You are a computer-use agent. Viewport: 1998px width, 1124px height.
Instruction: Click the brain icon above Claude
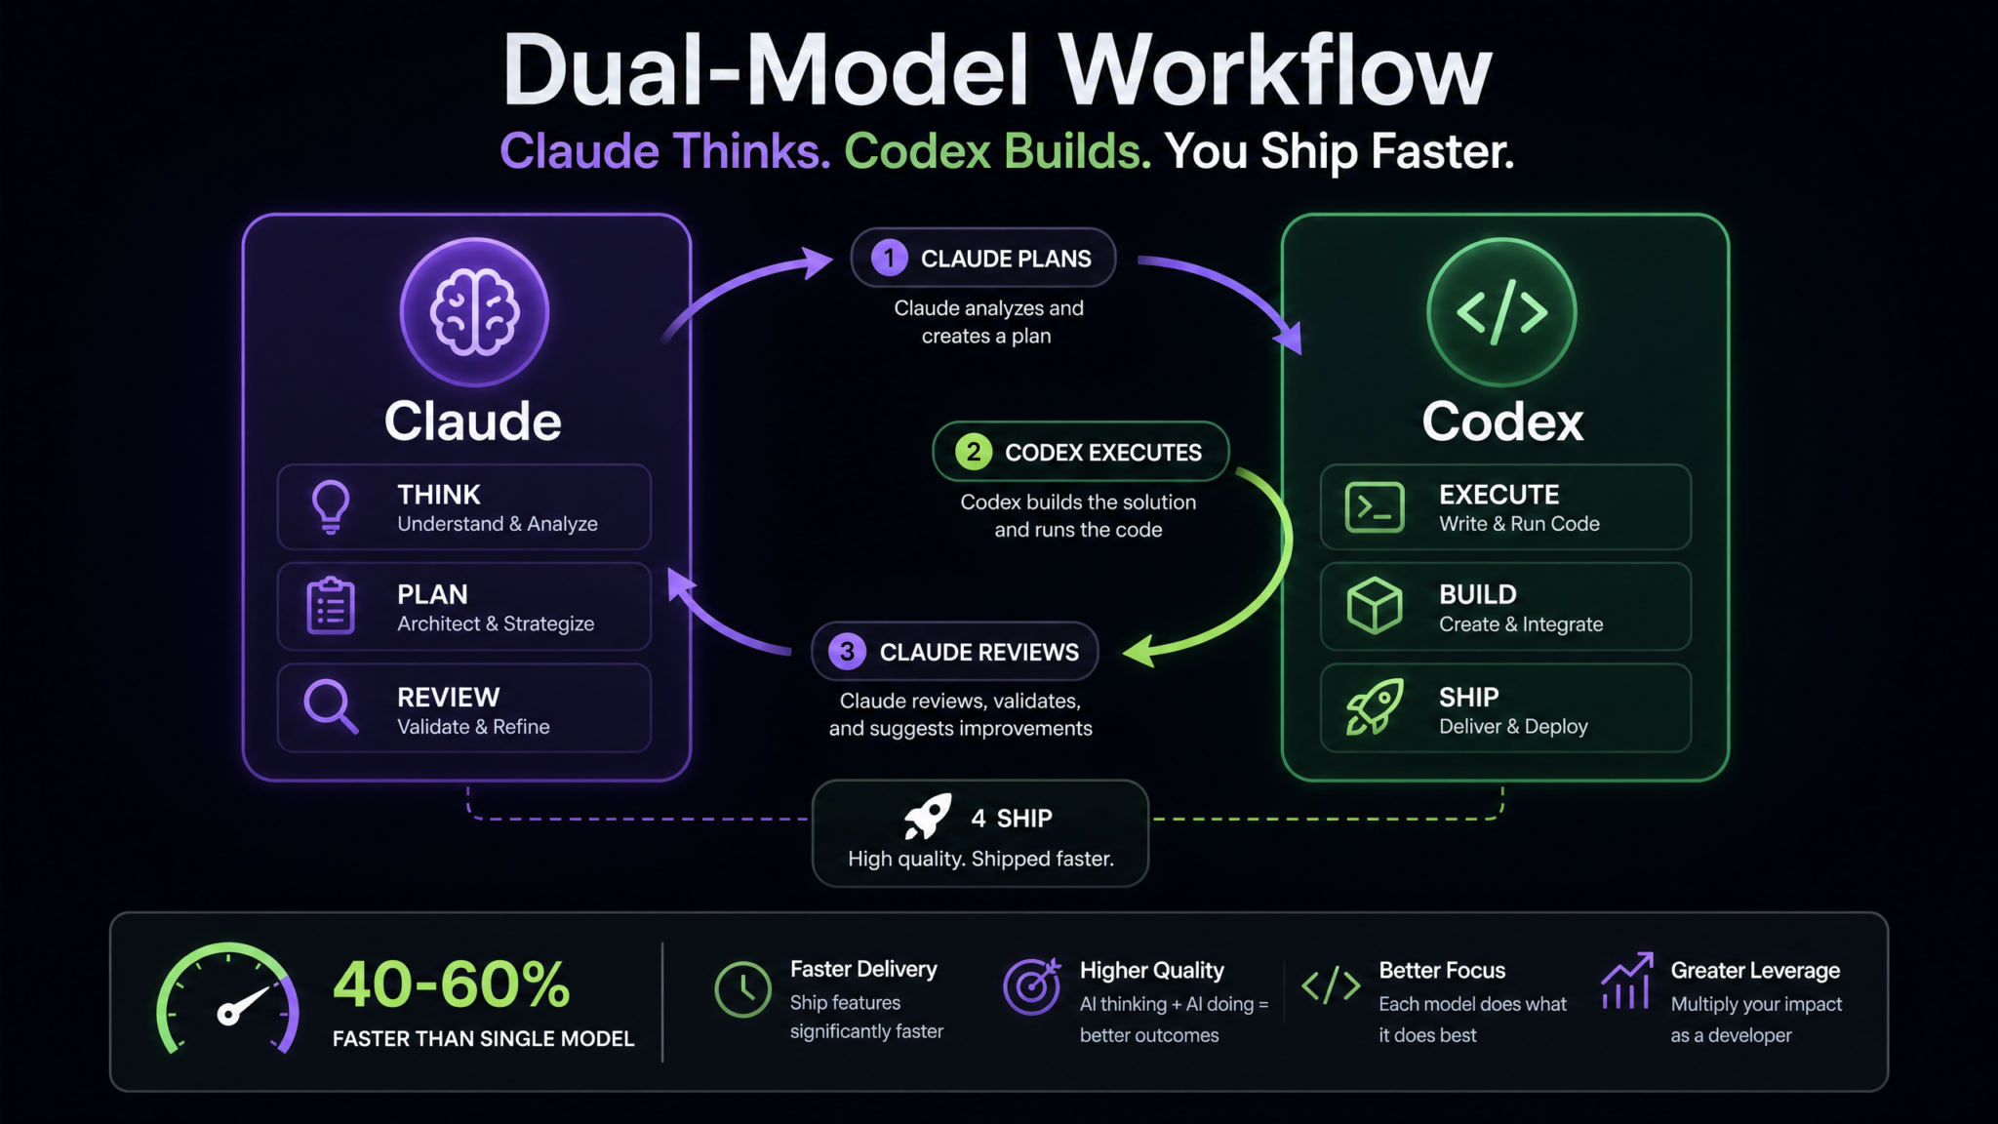coord(475,312)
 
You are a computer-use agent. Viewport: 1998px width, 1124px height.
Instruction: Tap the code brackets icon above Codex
coord(1501,312)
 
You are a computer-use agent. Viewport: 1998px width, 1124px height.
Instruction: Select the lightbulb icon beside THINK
coord(331,506)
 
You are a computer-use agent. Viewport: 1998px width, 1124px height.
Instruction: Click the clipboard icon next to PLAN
coord(331,606)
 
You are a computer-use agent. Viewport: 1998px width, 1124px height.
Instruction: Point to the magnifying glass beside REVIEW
coord(331,706)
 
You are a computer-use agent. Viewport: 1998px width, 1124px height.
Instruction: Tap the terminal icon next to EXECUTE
coord(1375,507)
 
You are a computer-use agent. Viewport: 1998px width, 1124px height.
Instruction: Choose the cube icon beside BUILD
coord(1375,606)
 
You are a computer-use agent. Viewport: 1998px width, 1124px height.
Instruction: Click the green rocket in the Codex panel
coord(1375,706)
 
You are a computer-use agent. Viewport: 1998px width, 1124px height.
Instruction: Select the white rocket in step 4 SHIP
coord(927,817)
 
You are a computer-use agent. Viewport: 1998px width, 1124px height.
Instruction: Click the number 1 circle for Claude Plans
coord(889,259)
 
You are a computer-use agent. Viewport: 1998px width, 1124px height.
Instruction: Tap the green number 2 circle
coord(973,452)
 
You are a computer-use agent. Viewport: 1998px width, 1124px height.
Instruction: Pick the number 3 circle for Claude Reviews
coord(847,652)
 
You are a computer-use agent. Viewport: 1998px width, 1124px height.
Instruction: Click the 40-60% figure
coord(452,983)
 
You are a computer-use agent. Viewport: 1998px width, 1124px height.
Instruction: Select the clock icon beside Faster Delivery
coord(742,989)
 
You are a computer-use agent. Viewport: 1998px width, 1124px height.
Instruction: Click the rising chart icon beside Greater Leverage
coord(1626,981)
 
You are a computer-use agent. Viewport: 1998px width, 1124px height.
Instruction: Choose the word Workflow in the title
coord(1276,71)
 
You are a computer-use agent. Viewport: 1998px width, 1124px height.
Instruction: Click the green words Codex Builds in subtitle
coord(997,151)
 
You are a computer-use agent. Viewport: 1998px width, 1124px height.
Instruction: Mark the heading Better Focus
coord(1442,971)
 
